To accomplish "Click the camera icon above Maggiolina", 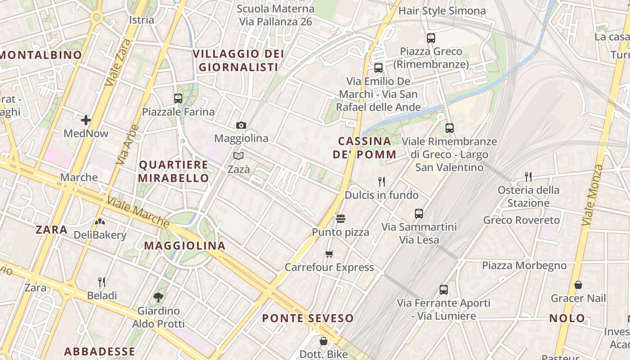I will [241, 126].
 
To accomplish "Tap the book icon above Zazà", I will [238, 156].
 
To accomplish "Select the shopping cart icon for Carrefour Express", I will [329, 254].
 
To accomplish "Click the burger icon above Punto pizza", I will [341, 219].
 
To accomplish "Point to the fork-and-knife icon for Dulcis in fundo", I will [382, 182].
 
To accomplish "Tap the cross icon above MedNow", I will [86, 120].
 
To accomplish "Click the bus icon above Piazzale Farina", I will [178, 99].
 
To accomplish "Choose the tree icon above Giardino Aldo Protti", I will [158, 297].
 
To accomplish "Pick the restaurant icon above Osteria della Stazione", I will [528, 177].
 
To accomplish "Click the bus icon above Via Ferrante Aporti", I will [444, 290].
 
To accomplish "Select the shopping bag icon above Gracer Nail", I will [578, 285].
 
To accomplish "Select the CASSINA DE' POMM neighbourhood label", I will [364, 148].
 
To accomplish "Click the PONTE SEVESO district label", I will [308, 318].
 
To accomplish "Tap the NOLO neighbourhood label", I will [567, 318].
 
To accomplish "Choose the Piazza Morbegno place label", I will [524, 265].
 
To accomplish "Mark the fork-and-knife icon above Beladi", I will [102, 282].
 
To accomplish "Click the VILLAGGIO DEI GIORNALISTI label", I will [238, 60].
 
